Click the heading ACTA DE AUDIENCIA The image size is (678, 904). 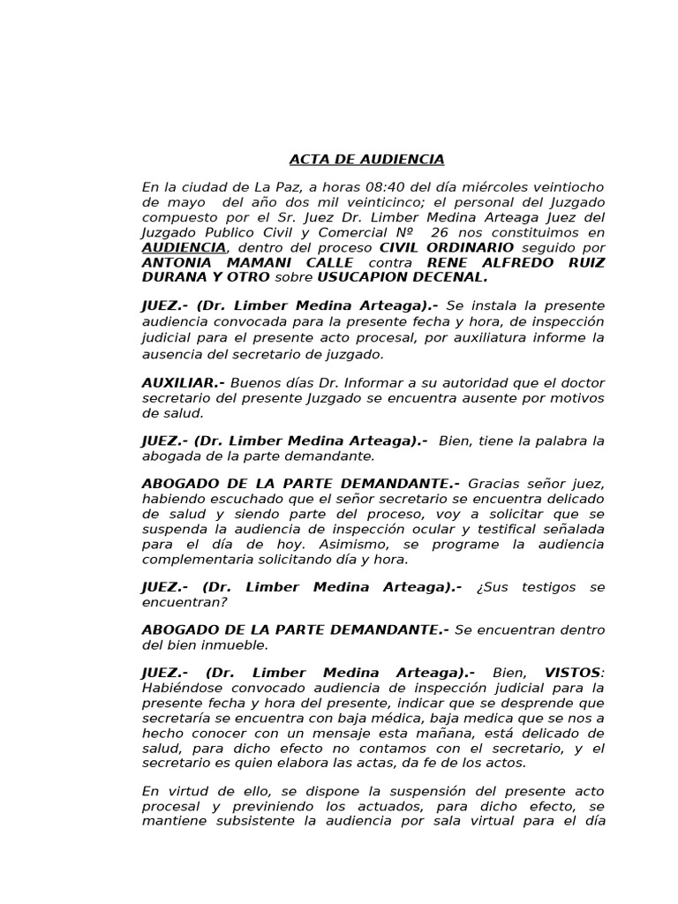pos(366,160)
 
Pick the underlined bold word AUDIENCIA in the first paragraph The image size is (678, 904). pos(184,247)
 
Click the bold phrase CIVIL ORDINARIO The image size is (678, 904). pos(447,247)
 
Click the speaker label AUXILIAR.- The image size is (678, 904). pos(183,383)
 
